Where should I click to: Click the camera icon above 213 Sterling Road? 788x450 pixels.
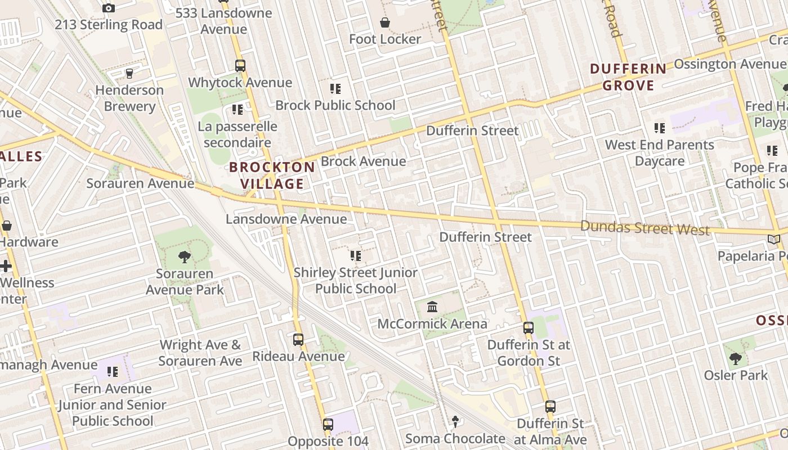click(109, 8)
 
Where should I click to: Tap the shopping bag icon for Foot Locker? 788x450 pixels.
click(385, 22)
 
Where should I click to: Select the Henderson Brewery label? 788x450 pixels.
click(129, 98)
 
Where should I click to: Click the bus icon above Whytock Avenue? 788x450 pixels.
click(240, 65)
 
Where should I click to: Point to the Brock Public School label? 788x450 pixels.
click(335, 105)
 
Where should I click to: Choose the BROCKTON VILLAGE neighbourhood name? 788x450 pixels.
click(272, 175)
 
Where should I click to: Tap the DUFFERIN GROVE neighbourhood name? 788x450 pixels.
click(628, 77)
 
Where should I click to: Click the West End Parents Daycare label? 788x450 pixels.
click(660, 152)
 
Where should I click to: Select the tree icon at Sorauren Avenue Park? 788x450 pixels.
click(184, 257)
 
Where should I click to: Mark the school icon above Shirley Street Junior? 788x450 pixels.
click(356, 256)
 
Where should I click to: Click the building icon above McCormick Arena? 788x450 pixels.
click(432, 307)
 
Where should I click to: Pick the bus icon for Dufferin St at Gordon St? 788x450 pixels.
click(529, 327)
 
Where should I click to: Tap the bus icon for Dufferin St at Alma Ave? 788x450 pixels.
click(550, 406)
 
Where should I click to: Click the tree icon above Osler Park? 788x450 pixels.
click(736, 358)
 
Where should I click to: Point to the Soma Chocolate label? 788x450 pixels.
click(455, 438)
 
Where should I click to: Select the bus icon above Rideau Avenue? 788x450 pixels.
click(298, 339)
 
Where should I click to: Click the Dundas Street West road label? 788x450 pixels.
click(645, 228)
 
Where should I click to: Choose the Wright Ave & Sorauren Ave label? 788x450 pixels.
click(200, 353)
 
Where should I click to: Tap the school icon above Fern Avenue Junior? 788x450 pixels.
click(113, 372)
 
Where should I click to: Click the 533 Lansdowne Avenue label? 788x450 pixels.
click(223, 21)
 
